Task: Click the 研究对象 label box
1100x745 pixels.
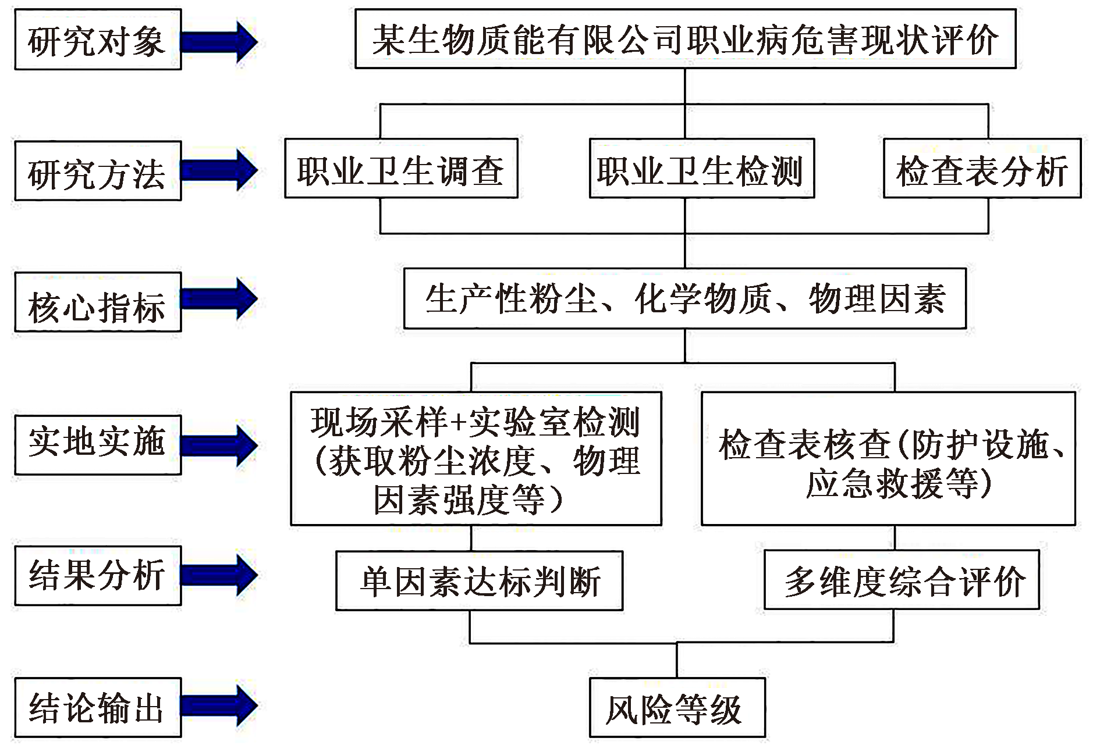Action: click(98, 40)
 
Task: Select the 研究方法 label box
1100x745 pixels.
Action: click(98, 172)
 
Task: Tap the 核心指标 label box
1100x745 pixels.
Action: click(98, 302)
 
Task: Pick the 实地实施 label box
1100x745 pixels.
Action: click(98, 445)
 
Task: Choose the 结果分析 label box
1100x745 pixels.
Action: click(98, 576)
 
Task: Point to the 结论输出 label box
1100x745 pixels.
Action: click(98, 707)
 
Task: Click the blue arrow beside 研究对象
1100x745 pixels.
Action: click(218, 41)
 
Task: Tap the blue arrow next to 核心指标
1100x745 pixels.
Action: click(218, 299)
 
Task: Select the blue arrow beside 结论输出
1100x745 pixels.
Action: click(218, 705)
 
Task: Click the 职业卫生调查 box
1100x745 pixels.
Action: click(401, 169)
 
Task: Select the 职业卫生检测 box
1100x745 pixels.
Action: click(701, 169)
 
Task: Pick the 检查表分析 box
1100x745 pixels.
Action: click(982, 169)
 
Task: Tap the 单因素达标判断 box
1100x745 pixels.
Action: click(479, 581)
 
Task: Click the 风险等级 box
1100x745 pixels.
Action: click(677, 708)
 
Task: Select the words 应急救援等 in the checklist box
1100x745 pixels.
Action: click(893, 484)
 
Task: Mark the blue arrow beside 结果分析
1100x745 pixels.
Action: click(218, 575)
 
